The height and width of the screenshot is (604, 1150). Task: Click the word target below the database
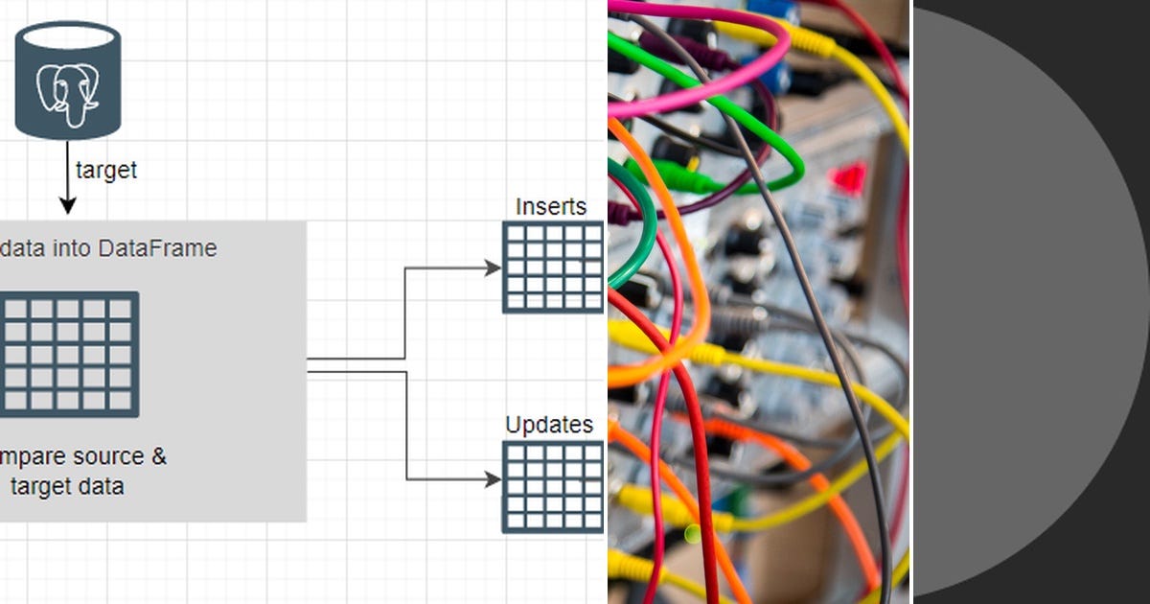coord(106,171)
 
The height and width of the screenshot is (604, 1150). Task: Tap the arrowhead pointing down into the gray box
coord(67,205)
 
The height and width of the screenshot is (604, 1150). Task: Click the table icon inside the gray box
coord(68,354)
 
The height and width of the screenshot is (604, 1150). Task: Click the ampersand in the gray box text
coord(158,456)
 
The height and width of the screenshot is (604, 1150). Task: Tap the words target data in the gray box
coord(67,486)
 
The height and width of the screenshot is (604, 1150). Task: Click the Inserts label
coord(551,206)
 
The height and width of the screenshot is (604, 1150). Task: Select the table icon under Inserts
coord(553,267)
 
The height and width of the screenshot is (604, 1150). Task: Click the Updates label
coord(549,425)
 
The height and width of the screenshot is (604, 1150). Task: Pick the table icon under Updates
coord(553,486)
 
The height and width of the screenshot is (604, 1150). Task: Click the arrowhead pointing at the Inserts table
coord(493,268)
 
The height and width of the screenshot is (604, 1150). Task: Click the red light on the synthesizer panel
coord(847,178)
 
